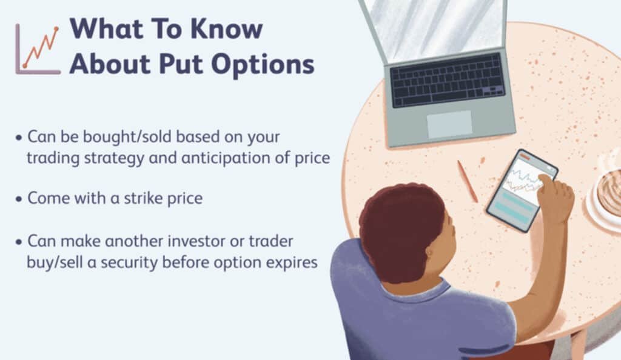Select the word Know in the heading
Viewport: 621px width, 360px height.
227,28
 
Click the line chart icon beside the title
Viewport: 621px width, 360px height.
38,49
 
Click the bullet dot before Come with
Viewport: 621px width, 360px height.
19,199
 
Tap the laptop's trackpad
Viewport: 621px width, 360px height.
449,124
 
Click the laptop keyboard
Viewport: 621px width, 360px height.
447,81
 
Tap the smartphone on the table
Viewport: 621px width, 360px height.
521,190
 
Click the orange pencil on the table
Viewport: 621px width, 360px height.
468,181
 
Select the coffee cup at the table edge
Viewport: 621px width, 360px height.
605,194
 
